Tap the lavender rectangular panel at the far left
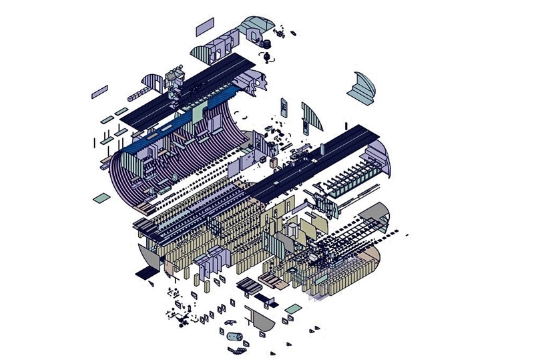99,90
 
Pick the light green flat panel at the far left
99,198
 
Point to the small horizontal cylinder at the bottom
234,337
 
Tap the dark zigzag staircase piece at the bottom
266,296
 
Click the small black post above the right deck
346,126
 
